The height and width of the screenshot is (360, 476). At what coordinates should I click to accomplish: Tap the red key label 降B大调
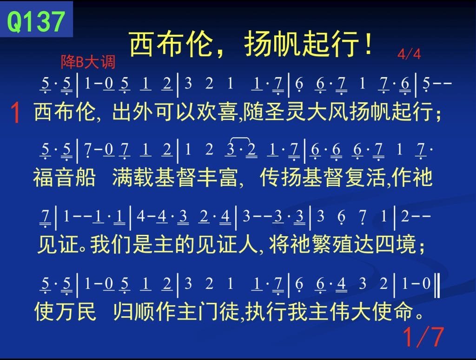(88, 62)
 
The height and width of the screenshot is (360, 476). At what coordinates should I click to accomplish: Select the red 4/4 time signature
(409, 54)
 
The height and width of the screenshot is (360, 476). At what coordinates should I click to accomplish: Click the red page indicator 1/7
(423, 337)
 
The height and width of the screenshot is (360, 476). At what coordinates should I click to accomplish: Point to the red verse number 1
(15, 113)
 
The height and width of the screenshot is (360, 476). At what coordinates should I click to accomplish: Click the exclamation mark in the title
(369, 44)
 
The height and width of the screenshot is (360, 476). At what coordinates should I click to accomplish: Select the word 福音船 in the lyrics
(64, 177)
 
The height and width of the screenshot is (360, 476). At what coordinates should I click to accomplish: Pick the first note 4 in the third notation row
(141, 216)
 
